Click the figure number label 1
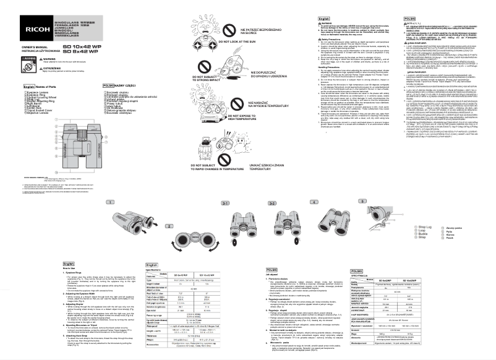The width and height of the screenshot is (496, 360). tap(108, 202)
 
